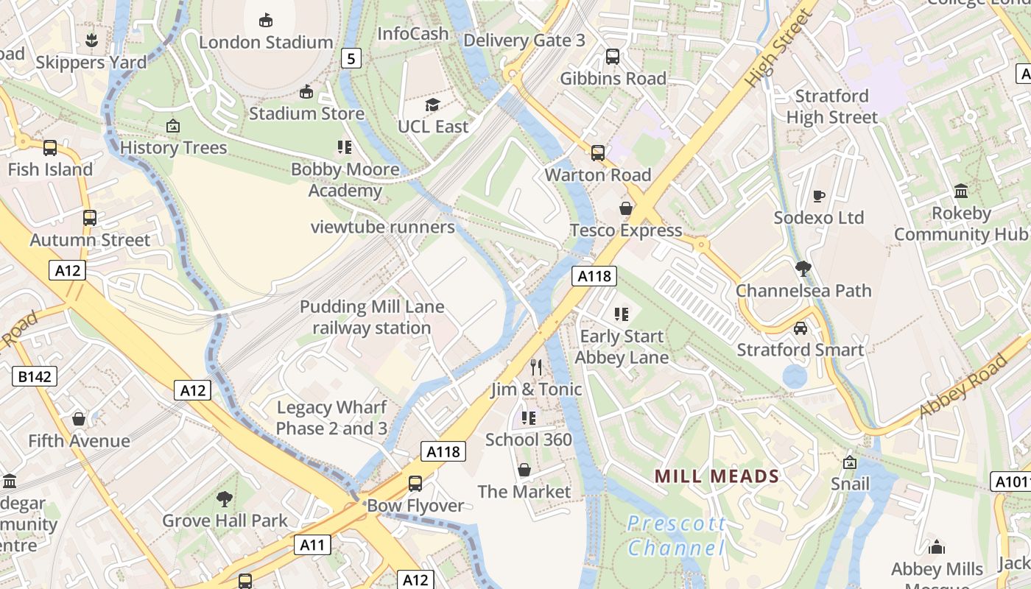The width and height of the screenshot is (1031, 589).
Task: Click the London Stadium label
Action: pyautogui.click(x=266, y=42)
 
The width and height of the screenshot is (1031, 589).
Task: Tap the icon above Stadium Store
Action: pyautogui.click(x=306, y=91)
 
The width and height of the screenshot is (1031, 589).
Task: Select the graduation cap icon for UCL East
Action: pyautogui.click(x=432, y=105)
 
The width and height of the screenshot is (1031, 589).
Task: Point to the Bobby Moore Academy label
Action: pyautogui.click(x=345, y=180)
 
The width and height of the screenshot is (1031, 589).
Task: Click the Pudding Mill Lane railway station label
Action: pyautogui.click(x=372, y=317)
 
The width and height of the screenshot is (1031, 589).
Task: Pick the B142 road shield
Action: pyautogui.click(x=35, y=377)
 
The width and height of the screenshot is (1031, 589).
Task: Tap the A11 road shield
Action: pyautogui.click(x=312, y=545)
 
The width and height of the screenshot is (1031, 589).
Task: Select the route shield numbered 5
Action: pyautogui.click(x=351, y=57)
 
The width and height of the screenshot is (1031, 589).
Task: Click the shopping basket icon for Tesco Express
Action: pyautogui.click(x=625, y=208)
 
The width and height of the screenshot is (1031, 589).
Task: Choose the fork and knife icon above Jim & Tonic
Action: pyautogui.click(x=536, y=367)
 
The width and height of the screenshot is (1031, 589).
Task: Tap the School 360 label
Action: pyautogui.click(x=528, y=440)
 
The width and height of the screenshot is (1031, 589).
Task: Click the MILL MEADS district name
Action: pyautogui.click(x=717, y=476)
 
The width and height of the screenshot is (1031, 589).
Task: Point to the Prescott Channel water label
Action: pyautogui.click(x=676, y=536)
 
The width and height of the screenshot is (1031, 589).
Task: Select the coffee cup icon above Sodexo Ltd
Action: pyautogui.click(x=818, y=196)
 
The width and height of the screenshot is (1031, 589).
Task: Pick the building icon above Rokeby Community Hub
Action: pyautogui.click(x=960, y=191)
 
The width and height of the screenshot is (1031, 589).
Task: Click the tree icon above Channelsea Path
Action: pyautogui.click(x=803, y=269)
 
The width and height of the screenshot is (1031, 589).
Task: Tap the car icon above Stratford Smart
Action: pyautogui.click(x=800, y=328)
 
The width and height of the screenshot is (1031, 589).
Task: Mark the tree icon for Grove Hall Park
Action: pyautogui.click(x=225, y=499)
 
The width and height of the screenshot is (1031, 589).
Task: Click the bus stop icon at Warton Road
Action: pyautogui.click(x=597, y=153)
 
